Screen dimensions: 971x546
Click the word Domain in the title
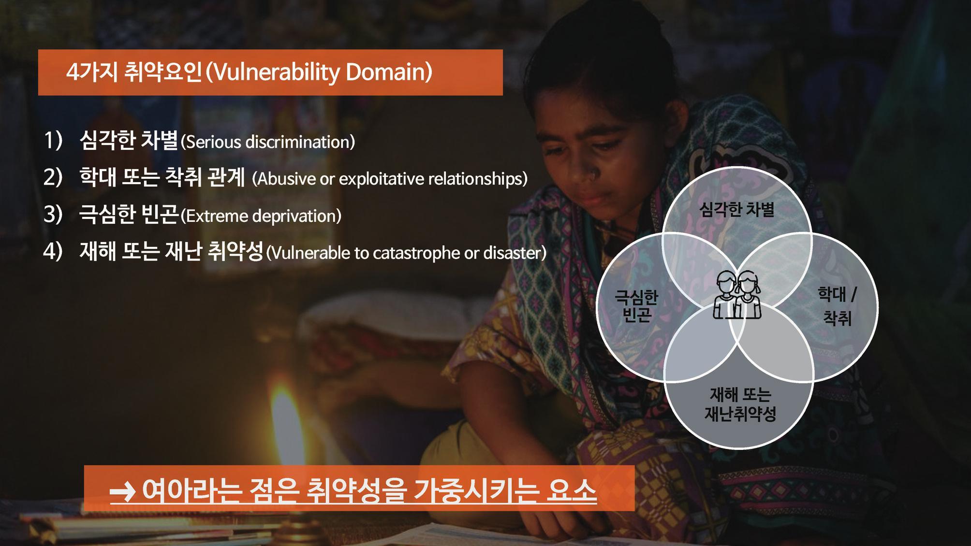click(x=385, y=72)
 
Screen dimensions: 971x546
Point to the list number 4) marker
click(x=53, y=252)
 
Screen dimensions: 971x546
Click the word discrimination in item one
click(x=297, y=142)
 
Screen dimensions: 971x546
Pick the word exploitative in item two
click(x=382, y=179)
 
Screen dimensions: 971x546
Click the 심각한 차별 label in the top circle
click(x=737, y=210)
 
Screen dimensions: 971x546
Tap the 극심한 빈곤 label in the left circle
click(x=636, y=306)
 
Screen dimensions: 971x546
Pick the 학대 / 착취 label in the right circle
click(x=837, y=306)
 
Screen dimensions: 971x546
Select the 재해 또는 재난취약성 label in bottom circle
click(x=740, y=404)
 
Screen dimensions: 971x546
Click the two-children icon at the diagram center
click(x=737, y=295)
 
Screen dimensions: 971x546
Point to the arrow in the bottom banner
click(x=122, y=493)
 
